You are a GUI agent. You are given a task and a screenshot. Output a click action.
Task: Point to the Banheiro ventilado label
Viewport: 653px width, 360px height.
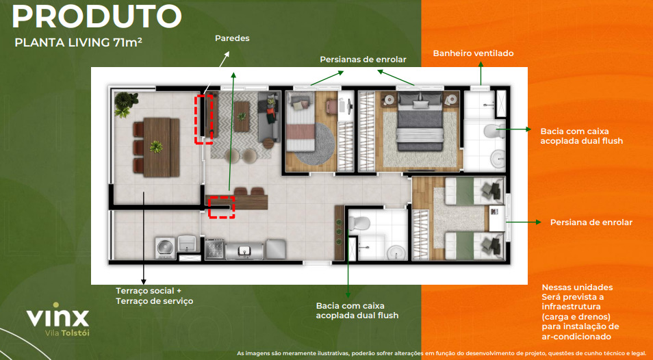coord(473,53)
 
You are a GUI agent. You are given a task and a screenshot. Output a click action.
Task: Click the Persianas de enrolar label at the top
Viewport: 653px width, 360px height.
coord(363,60)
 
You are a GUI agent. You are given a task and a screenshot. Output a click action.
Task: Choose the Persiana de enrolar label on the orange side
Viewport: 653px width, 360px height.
coord(591,222)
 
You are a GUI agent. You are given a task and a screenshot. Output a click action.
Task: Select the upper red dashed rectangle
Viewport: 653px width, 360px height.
coord(204,119)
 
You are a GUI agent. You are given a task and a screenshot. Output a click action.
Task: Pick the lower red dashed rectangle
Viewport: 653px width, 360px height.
coord(221,207)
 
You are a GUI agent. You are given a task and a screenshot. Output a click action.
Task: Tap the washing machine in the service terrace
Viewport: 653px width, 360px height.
coord(166,248)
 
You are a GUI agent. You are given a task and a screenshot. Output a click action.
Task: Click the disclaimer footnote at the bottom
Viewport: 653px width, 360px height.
coord(441,354)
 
